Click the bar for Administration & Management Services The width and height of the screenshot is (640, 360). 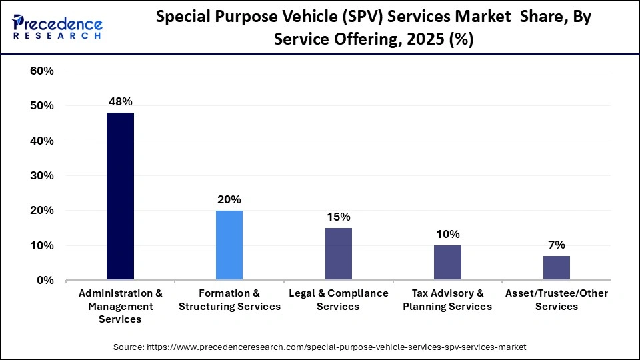[x=120, y=197]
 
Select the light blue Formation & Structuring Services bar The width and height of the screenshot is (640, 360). [x=229, y=245]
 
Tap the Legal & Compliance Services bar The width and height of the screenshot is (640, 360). [x=338, y=254]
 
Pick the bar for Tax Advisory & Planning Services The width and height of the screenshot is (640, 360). [x=447, y=263]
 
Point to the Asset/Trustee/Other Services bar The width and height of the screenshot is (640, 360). [x=556, y=268]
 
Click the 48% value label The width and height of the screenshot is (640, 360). [x=121, y=102]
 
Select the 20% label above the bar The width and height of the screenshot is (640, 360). [x=229, y=199]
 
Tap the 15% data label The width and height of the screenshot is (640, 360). [x=338, y=217]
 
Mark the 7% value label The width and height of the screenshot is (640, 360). [x=556, y=245]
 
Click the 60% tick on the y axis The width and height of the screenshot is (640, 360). [x=42, y=71]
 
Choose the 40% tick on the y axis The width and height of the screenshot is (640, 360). [x=42, y=141]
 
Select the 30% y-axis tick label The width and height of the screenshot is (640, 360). [x=42, y=176]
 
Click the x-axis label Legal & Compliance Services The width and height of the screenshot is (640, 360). [x=338, y=300]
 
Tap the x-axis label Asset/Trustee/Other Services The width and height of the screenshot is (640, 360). [x=556, y=300]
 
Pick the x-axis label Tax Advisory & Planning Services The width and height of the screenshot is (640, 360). [x=447, y=300]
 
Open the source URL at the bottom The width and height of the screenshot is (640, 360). [x=320, y=347]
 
